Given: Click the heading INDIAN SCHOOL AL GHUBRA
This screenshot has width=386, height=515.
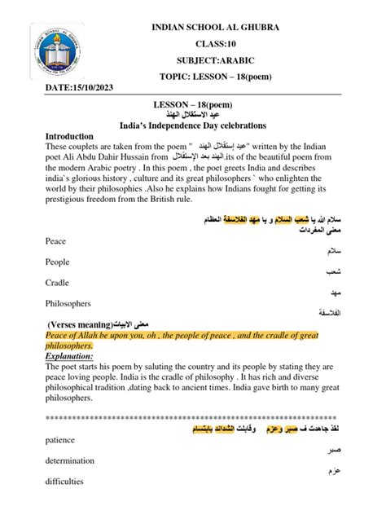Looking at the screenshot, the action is pyautogui.click(x=215, y=28).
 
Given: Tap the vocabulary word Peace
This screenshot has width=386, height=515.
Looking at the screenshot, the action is pyautogui.click(x=56, y=241).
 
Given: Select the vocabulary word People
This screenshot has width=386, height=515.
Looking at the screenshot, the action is pyautogui.click(x=59, y=262).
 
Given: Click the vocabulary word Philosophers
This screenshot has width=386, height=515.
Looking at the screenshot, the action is pyautogui.click(x=71, y=302).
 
